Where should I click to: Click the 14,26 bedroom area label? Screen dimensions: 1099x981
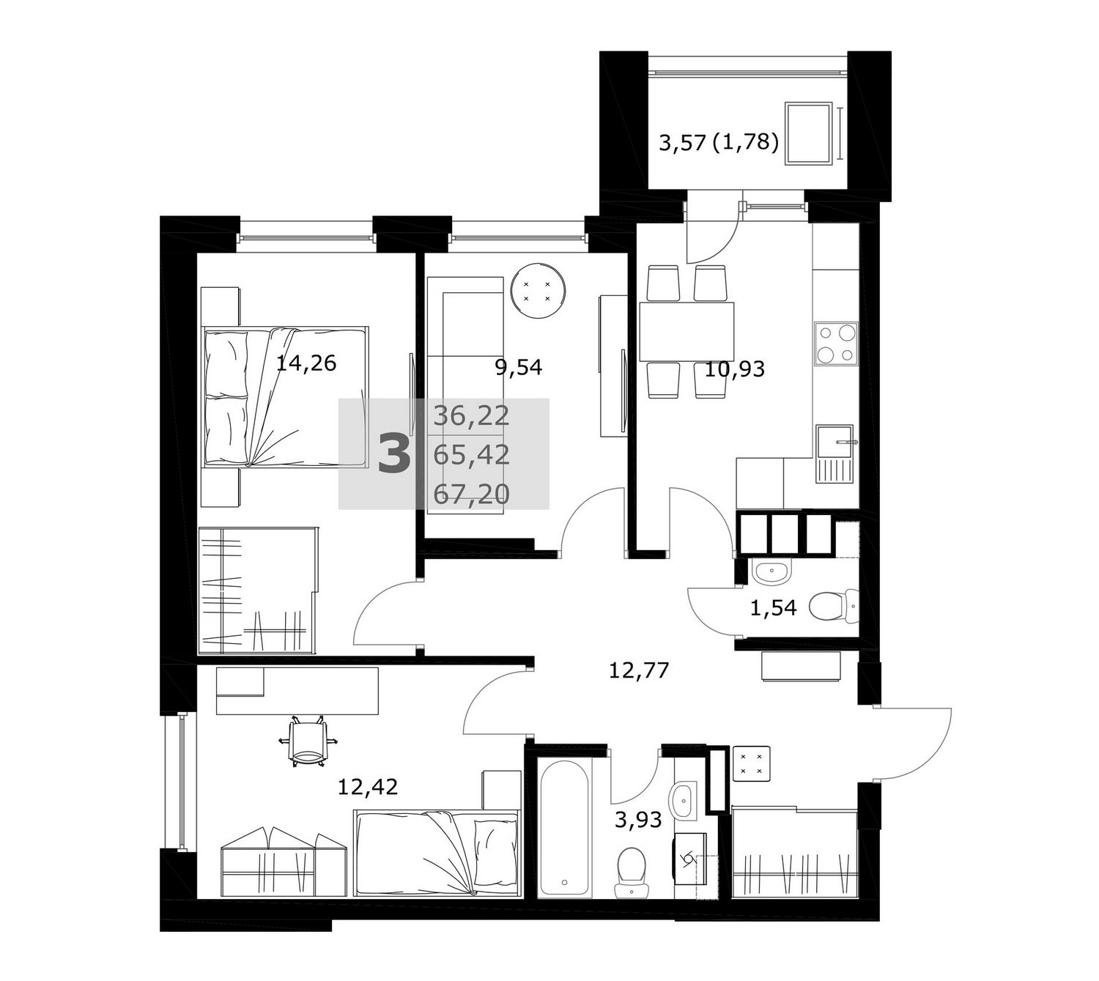click(306, 363)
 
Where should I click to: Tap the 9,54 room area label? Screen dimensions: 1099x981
click(518, 367)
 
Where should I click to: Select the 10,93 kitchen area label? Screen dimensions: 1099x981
click(734, 369)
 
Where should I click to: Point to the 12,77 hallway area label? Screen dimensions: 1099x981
click(638, 670)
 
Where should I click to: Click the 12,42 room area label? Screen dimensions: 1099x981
click(367, 786)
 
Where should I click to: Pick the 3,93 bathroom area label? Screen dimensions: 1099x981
click(638, 819)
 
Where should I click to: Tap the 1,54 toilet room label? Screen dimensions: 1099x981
click(773, 607)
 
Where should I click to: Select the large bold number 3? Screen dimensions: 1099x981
click(394, 454)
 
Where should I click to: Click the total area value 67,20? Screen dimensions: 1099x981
click(471, 495)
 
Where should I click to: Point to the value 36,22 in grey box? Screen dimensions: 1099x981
click(471, 416)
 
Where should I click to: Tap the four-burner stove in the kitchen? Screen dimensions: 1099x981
click(836, 344)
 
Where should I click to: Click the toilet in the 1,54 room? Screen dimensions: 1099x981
click(833, 606)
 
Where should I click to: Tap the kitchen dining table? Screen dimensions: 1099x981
click(687, 332)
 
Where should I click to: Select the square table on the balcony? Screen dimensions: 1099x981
click(808, 133)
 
